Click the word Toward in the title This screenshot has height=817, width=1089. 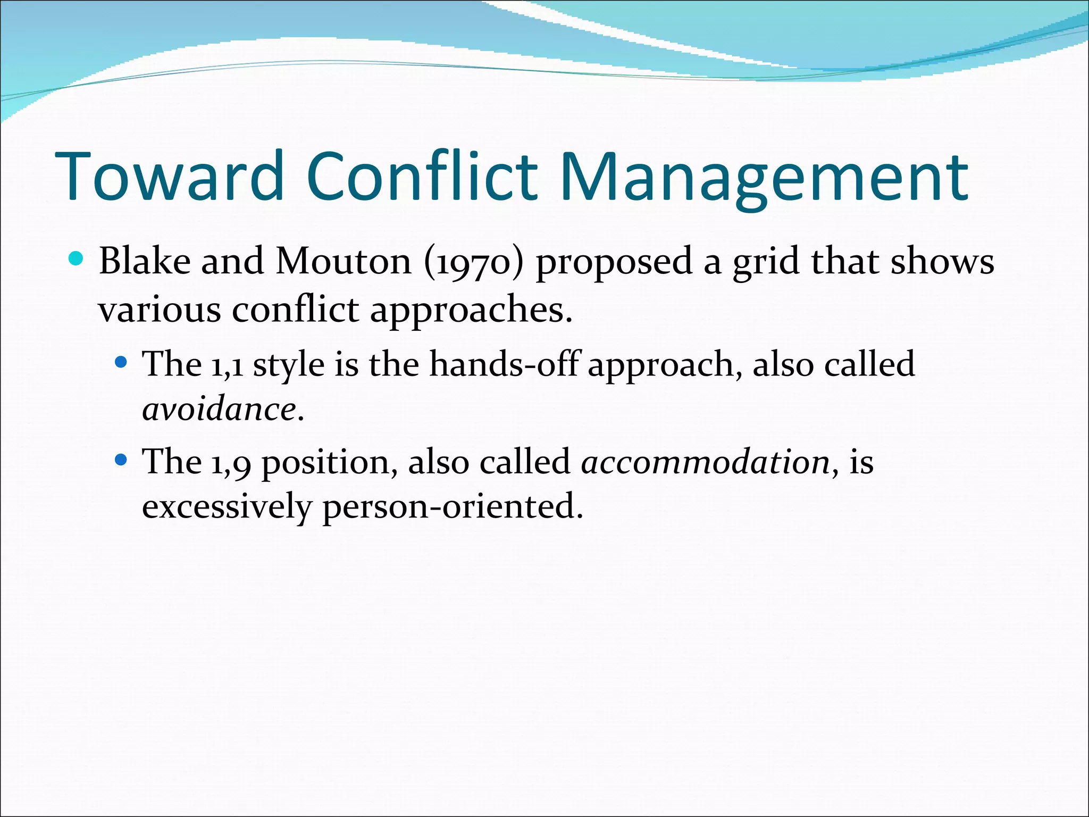[x=170, y=177]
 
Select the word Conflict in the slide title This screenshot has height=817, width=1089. [x=422, y=177]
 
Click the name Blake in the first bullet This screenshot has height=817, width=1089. [x=145, y=261]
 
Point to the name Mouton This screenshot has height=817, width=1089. [x=344, y=261]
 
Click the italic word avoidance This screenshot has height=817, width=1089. [x=219, y=410]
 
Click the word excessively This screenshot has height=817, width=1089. [x=227, y=506]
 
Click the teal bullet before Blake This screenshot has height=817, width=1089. [x=77, y=259]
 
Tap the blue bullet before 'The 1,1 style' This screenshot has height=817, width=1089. [x=121, y=363]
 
